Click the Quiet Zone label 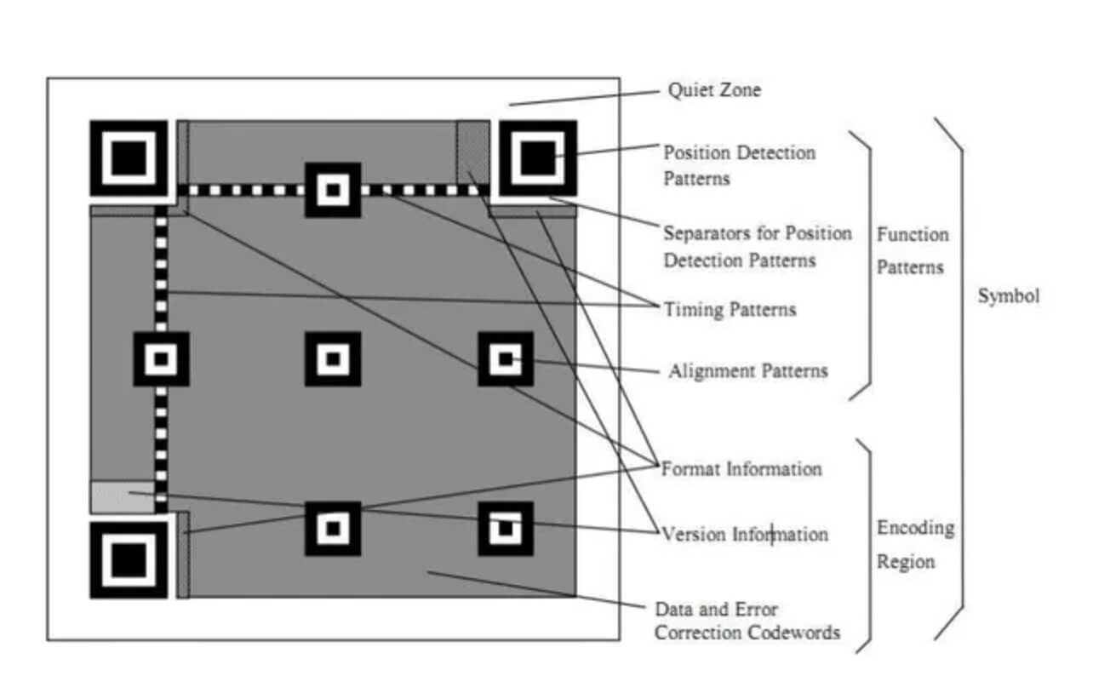coord(714,90)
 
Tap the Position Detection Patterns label coord(739,165)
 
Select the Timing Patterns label coord(730,309)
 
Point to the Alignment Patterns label coord(748,371)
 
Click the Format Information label coord(741,469)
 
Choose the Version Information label coord(745,534)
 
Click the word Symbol coord(1009,296)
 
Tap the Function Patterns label coord(913,251)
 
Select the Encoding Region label coord(915,544)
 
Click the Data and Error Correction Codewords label coord(747,621)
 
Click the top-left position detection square coord(129,158)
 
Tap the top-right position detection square coord(538,158)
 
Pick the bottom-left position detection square coord(129,560)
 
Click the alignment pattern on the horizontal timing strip coord(333,190)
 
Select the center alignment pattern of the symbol coord(333,359)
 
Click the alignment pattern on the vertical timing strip coord(162,359)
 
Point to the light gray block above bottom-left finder coord(123,497)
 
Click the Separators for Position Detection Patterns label coord(758,247)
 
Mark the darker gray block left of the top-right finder coord(472,152)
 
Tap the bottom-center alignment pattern coord(333,529)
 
